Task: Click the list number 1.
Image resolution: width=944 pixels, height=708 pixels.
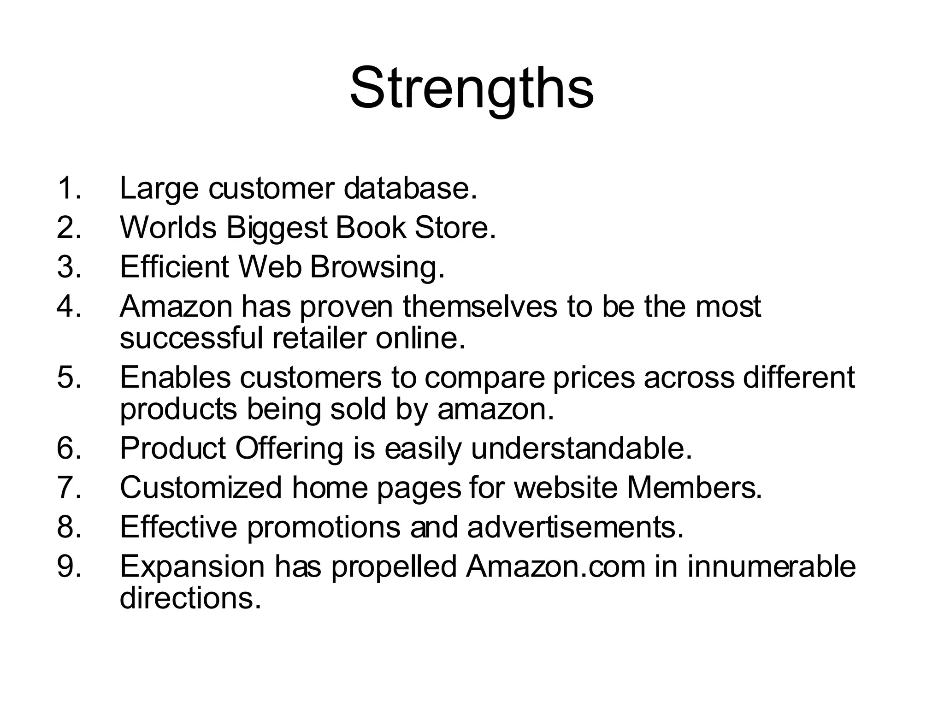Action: click(69, 189)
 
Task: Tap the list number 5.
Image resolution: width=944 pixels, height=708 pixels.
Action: click(69, 377)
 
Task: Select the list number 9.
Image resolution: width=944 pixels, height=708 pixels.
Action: click(69, 566)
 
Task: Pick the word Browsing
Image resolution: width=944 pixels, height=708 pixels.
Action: click(378, 267)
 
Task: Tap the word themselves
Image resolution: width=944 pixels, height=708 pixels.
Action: click(480, 307)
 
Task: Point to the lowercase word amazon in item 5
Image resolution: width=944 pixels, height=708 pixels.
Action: click(496, 409)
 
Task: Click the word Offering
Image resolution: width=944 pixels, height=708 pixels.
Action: click(289, 448)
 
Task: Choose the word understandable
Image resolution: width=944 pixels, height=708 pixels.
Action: click(582, 448)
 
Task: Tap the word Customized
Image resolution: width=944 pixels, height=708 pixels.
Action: click(201, 488)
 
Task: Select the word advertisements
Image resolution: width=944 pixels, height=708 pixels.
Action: click(575, 527)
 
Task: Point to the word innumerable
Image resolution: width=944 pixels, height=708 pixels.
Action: click(772, 566)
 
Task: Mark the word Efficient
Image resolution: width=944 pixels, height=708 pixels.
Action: click(175, 267)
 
